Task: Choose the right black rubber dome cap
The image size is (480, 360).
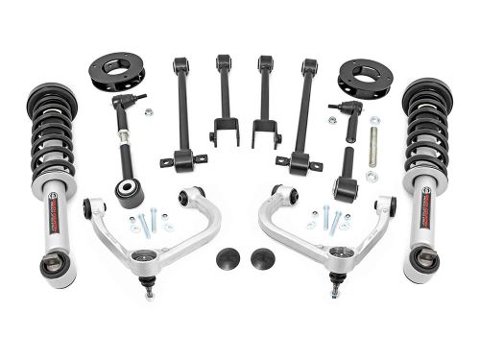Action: pos(259,258)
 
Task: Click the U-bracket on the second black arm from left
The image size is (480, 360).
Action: pos(224,130)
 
